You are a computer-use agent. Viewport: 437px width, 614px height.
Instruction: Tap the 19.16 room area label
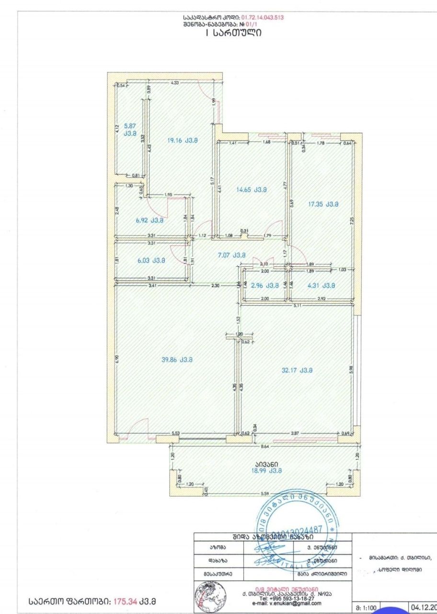pyautogui.click(x=182, y=141)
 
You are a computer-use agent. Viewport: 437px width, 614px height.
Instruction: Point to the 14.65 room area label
pyautogui.click(x=251, y=189)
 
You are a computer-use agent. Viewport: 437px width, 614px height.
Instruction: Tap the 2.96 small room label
pyautogui.click(x=265, y=285)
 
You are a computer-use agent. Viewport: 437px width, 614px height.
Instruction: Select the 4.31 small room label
pyautogui.click(x=321, y=285)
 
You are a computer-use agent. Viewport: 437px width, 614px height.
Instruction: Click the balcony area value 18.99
pyautogui.click(x=264, y=471)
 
